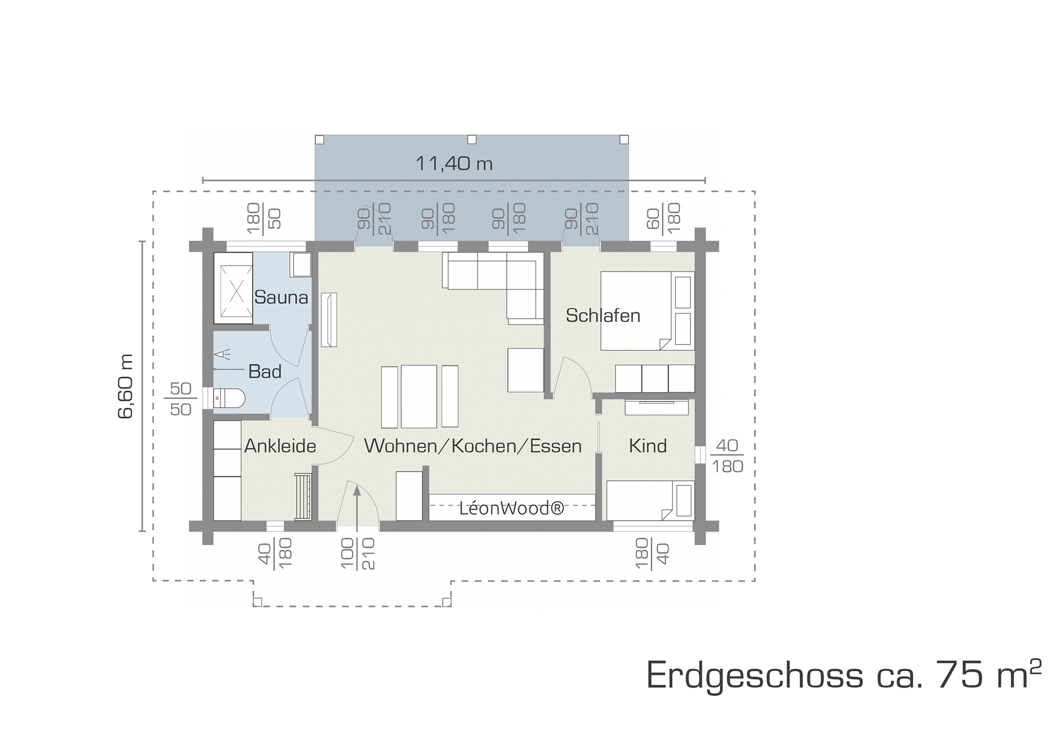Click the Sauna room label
tap(281, 297)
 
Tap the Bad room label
tap(264, 372)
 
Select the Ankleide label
tap(280, 446)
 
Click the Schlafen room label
tap(603, 315)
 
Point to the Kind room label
tap(647, 446)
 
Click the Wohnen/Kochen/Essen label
tap(473, 446)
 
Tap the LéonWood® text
tap(512, 509)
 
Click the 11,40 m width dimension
tap(454, 164)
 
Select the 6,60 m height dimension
tap(126, 386)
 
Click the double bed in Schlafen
tap(647, 311)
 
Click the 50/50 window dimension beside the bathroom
tap(180, 399)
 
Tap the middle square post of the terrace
tap(472, 140)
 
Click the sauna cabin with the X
tap(233, 288)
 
